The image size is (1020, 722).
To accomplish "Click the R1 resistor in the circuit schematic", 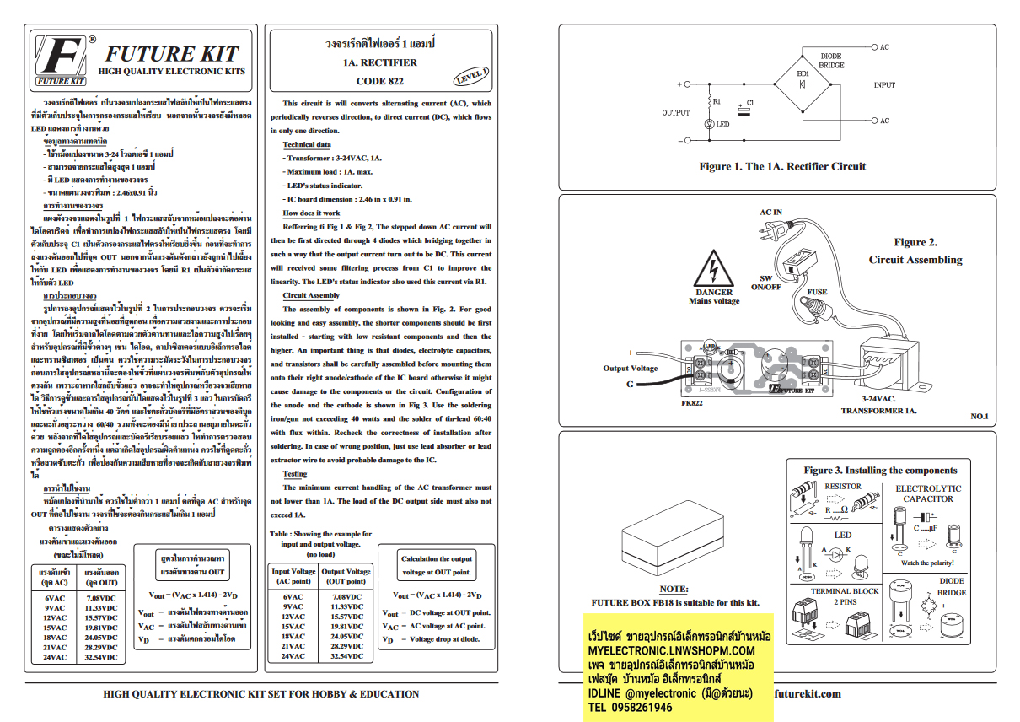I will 708,101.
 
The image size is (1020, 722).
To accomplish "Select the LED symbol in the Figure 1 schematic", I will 709,124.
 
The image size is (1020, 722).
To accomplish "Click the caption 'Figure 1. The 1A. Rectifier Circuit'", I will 781,166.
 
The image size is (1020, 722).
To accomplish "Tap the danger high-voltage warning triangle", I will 714,269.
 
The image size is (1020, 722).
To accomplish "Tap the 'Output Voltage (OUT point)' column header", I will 346,576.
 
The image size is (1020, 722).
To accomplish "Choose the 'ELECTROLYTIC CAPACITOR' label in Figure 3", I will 927,493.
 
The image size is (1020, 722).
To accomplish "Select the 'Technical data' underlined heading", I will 306,144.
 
